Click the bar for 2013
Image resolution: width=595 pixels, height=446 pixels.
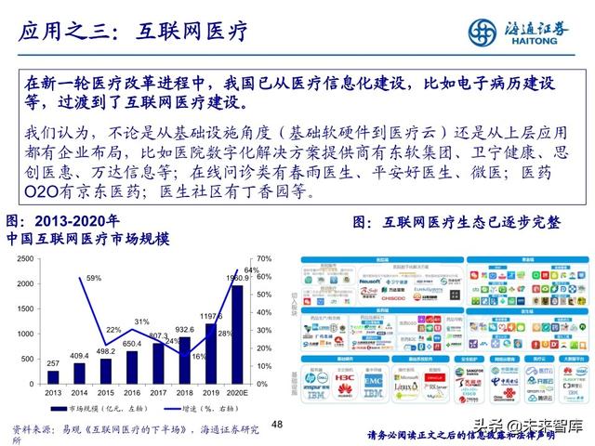click(x=53, y=377)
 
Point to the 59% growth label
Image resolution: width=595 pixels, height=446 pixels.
click(x=94, y=278)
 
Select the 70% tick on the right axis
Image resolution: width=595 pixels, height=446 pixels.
click(x=264, y=258)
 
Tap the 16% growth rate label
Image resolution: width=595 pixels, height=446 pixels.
click(x=198, y=355)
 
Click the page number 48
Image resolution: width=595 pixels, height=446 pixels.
click(x=276, y=424)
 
